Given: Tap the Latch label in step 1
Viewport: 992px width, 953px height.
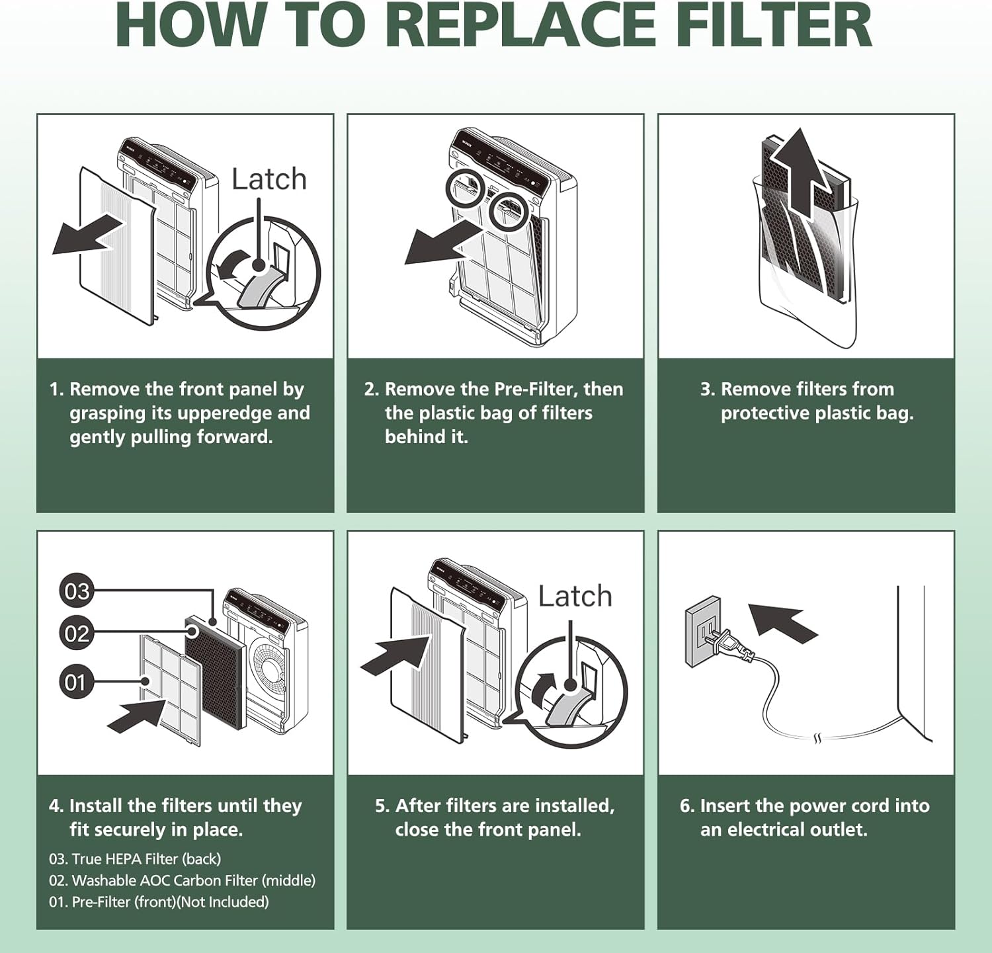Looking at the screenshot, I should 269,179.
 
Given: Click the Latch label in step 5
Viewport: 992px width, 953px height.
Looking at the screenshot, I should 575,596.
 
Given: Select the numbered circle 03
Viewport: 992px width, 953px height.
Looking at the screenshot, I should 77,591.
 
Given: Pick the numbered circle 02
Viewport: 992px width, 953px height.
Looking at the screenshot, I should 77,634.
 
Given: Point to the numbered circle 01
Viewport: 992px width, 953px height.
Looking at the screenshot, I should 76,682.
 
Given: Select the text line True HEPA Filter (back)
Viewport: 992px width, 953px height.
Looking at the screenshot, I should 135,859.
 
